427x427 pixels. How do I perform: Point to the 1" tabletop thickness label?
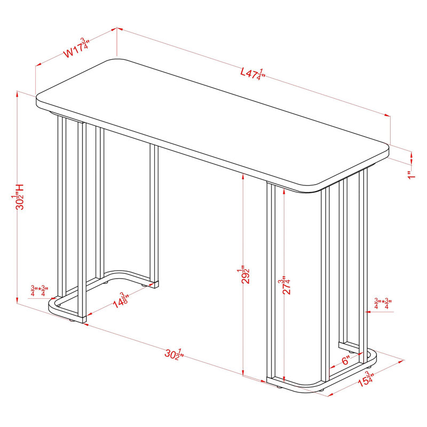point(412,175)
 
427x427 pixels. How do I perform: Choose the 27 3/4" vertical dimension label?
point(285,286)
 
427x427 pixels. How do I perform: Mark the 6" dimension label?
point(346,361)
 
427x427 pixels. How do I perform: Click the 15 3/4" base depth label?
point(365,379)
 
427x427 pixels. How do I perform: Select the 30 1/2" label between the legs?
point(175,354)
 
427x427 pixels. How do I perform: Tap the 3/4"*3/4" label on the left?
point(39,291)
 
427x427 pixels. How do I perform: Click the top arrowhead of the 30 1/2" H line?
point(18,94)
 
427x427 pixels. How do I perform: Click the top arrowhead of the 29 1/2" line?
point(243,177)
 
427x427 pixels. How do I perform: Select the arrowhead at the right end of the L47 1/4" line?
point(387,115)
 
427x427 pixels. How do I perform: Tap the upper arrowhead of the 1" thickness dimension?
point(412,154)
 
